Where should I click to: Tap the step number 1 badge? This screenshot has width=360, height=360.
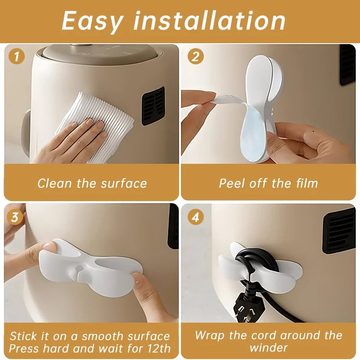pyautogui.click(x=17, y=57)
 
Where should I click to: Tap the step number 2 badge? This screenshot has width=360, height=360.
pyautogui.click(x=195, y=57)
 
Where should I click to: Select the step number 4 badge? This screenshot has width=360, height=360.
pyautogui.click(x=195, y=217)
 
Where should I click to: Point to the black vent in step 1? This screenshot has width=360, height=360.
pyautogui.click(x=153, y=106)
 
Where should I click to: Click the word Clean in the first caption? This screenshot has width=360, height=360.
pyautogui.click(x=53, y=184)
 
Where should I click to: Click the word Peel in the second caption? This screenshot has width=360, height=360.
pyautogui.click(x=231, y=184)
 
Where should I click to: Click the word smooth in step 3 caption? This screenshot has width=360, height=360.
pyautogui.click(x=100, y=336)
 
